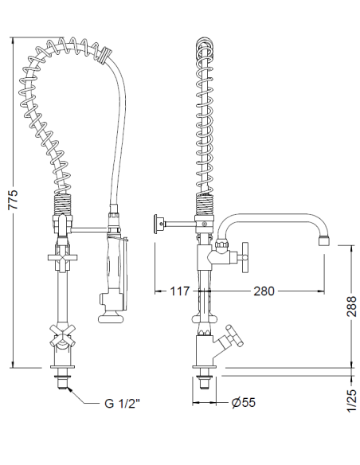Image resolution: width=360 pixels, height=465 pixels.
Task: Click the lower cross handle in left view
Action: coord(62,334)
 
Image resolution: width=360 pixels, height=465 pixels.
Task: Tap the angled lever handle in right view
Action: coord(233,335)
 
